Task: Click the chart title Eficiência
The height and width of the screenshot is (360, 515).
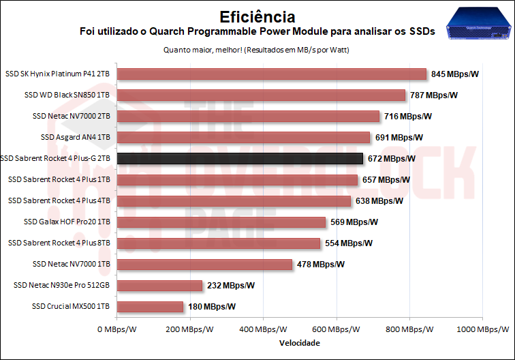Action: click(257, 16)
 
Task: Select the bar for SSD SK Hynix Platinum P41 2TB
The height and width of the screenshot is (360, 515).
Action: click(271, 74)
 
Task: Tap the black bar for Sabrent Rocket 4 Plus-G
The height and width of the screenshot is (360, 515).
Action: click(240, 159)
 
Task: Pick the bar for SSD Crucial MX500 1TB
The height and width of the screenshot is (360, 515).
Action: click(150, 307)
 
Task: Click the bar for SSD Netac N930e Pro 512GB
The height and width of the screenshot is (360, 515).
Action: click(159, 286)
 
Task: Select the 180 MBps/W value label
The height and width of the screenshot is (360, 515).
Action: click(212, 307)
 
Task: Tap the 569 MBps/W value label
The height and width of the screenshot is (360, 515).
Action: click(354, 222)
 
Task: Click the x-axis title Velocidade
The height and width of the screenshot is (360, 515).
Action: click(299, 343)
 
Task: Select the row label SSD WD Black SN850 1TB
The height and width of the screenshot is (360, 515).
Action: click(67, 95)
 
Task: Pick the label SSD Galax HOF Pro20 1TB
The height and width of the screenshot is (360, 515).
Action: click(67, 222)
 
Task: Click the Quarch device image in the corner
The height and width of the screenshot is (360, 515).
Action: click(478, 25)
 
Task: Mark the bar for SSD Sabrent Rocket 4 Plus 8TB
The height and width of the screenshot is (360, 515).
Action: click(218, 243)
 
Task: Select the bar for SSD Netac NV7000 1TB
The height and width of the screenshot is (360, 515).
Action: click(204, 265)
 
